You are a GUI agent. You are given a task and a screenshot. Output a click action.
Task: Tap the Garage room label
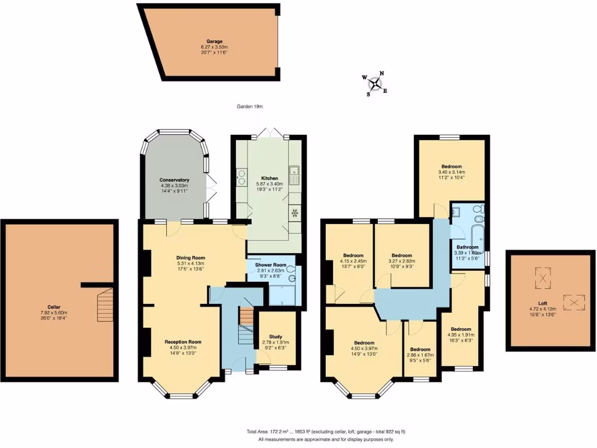(x=212, y=41)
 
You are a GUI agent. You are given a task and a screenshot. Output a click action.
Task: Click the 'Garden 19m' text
(x=250, y=107)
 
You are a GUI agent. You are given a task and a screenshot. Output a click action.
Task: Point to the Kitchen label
(x=269, y=178)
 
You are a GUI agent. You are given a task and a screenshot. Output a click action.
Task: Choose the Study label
(x=275, y=337)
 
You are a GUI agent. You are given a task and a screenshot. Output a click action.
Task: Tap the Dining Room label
(x=191, y=257)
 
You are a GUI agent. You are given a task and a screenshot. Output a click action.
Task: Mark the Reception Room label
(x=182, y=342)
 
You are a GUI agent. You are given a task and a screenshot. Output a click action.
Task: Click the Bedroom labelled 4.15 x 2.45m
(x=353, y=256)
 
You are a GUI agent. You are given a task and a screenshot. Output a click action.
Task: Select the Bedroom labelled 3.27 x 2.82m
(x=402, y=256)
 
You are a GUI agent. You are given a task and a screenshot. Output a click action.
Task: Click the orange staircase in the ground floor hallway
(x=247, y=316)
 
